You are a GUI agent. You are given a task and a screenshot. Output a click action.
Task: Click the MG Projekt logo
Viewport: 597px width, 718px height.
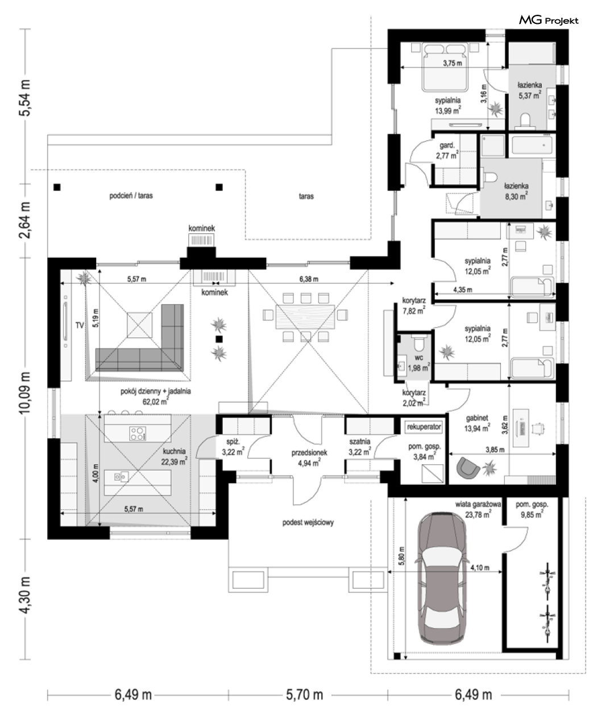pyautogui.click(x=549, y=20)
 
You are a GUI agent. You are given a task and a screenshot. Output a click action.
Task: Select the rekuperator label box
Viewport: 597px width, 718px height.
pyautogui.click(x=424, y=427)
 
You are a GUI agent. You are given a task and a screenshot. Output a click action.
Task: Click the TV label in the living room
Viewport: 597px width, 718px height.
pyautogui.click(x=80, y=325)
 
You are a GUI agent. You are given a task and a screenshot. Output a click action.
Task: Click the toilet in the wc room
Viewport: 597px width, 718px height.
pyautogui.click(x=418, y=343)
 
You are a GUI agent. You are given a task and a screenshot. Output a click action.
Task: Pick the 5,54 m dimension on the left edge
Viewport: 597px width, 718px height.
pyautogui.click(x=26, y=98)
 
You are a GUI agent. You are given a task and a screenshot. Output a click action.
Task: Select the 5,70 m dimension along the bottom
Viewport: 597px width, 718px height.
pyautogui.click(x=305, y=695)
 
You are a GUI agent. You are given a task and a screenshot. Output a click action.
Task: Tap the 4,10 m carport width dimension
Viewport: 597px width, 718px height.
pyautogui.click(x=479, y=568)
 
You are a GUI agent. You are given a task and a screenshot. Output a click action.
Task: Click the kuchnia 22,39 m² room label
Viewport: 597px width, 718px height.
pyautogui.click(x=174, y=456)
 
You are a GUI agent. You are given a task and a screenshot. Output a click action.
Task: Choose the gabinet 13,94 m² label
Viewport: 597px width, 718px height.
pyautogui.click(x=477, y=423)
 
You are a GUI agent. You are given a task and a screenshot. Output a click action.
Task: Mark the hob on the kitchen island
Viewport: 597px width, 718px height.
pyautogui.click(x=138, y=434)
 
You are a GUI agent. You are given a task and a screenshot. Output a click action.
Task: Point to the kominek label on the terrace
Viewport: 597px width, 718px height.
pyautogui.click(x=202, y=228)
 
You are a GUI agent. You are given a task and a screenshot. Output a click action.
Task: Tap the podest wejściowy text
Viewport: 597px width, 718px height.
pyautogui.click(x=308, y=522)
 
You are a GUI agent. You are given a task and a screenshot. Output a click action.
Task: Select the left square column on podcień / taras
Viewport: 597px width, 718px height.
pyautogui.click(x=57, y=187)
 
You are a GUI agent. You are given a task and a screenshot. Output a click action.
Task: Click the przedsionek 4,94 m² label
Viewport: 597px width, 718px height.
pyautogui.click(x=309, y=458)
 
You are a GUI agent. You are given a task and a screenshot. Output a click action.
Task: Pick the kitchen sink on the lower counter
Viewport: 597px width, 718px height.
pyautogui.click(x=121, y=476)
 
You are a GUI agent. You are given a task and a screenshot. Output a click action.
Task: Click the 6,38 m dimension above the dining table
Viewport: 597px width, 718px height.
pyautogui.click(x=309, y=279)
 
